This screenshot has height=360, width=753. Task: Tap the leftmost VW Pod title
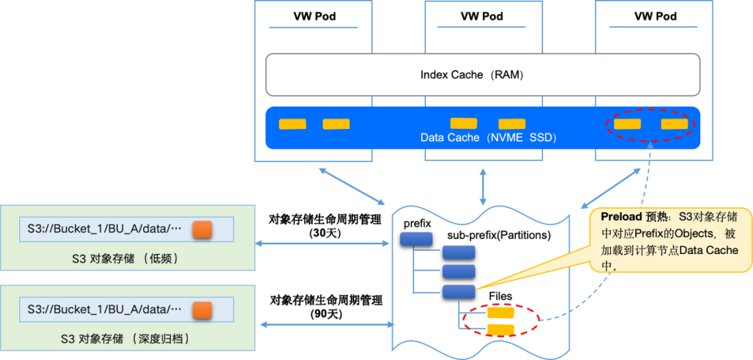[313, 16]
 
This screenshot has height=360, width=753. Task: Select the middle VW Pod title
[482, 16]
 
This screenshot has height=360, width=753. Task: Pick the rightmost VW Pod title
[655, 16]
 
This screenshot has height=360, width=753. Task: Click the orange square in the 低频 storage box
[201, 230]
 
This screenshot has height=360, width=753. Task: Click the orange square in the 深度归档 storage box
[201, 308]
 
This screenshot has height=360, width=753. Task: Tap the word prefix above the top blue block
[417, 223]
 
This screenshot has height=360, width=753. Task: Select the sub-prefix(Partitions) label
[499, 235]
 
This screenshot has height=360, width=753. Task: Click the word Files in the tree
[501, 297]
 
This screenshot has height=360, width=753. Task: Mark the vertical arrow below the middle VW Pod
[482, 186]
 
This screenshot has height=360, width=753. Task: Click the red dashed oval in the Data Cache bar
[650, 125]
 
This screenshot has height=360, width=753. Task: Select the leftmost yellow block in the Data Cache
[292, 124]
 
